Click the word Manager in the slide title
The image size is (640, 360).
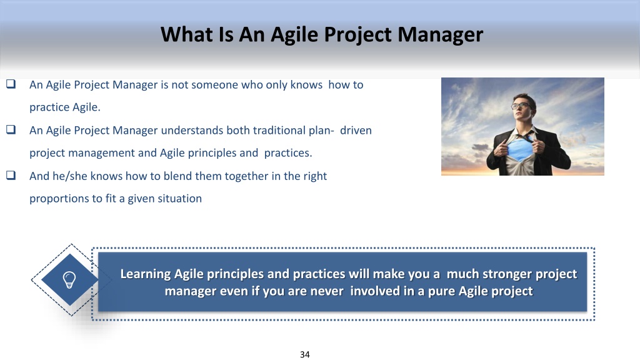coord(441,35)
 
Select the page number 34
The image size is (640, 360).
coord(305,355)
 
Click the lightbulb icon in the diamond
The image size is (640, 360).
coord(69,280)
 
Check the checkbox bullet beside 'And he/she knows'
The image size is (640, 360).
coord(11,175)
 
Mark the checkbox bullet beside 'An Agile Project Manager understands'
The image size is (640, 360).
coord(11,129)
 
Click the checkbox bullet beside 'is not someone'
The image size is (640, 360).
coord(11,84)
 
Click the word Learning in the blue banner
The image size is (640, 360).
coord(145,274)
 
